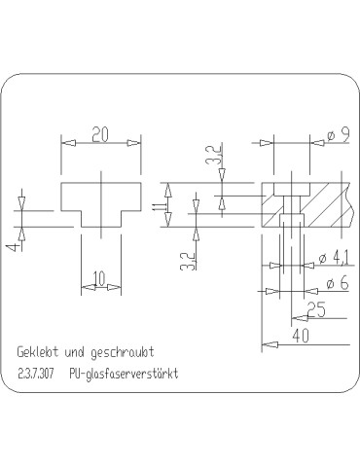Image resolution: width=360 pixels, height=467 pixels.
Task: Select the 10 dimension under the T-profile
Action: (x=99, y=278)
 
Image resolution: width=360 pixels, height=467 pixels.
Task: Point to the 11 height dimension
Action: (x=156, y=205)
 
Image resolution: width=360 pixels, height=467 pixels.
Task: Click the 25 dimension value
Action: (x=315, y=308)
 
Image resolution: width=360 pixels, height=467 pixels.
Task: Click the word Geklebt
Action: (x=37, y=350)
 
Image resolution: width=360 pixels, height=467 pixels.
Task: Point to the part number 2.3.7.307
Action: (x=37, y=373)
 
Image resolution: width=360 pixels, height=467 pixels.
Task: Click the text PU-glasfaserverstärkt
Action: (x=126, y=373)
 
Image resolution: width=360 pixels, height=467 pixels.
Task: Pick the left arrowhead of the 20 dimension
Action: (x=65, y=143)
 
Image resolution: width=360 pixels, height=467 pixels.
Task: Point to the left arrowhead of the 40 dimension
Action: (x=266, y=342)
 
